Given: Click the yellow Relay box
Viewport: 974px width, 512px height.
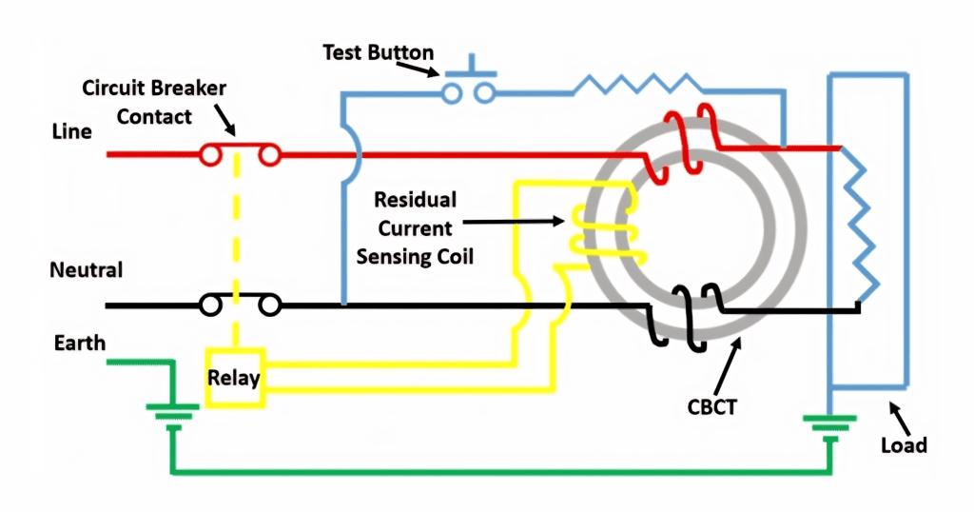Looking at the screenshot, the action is coord(236,378).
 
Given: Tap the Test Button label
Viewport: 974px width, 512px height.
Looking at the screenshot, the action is coord(379,52).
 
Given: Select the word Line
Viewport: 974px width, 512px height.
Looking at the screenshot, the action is coord(71,131).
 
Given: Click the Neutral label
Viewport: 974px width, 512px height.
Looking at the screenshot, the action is coord(87,270).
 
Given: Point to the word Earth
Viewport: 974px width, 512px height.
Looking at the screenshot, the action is coord(80,343).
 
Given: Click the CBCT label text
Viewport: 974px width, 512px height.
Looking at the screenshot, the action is coord(711,407).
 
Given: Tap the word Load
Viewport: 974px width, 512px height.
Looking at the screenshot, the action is coord(904,445).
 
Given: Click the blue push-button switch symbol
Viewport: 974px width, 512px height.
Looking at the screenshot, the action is coord(469,82).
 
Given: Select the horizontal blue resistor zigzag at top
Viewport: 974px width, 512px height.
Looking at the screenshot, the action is coord(637,85).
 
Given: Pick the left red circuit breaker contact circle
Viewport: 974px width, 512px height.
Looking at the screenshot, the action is coord(210,155).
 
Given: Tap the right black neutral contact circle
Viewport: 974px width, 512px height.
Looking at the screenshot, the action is coord(269,305).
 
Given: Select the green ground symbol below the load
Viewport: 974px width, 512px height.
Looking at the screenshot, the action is coord(829,426).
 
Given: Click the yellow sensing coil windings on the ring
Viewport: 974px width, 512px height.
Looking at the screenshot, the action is coord(609,228).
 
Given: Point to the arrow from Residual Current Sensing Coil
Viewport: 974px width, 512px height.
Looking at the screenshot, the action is coord(514,221).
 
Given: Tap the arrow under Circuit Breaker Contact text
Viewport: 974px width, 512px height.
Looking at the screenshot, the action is coord(225,120).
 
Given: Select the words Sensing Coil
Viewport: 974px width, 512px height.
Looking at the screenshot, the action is coord(415,257).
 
